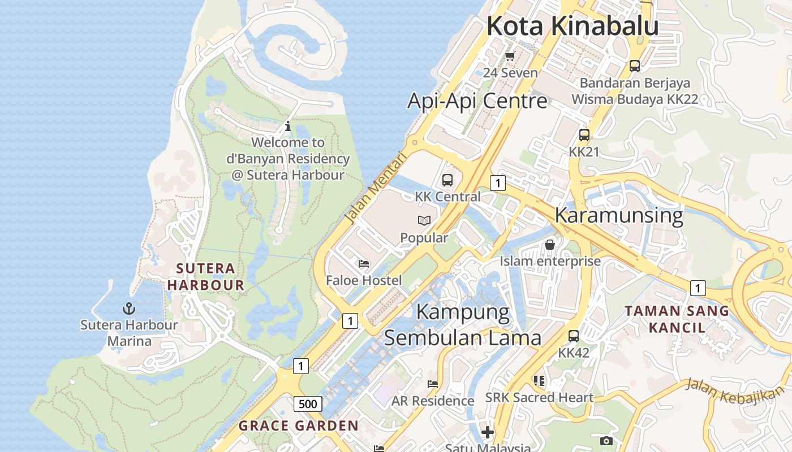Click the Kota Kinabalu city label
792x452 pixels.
(x=573, y=26)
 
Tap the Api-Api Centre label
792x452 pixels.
(x=477, y=101)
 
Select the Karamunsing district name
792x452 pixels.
(x=619, y=215)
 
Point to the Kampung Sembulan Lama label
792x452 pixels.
(x=463, y=325)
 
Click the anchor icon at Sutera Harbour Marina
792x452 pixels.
(x=129, y=308)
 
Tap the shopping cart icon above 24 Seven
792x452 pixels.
(x=510, y=56)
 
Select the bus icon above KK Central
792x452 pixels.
(x=447, y=180)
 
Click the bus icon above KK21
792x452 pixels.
(x=584, y=135)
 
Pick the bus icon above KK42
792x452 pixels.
(x=574, y=336)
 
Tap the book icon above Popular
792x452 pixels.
(x=424, y=221)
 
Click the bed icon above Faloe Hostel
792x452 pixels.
(x=364, y=264)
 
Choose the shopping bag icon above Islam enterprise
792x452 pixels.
(x=549, y=245)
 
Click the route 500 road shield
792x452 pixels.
(x=308, y=403)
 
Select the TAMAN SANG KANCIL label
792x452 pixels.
(x=677, y=319)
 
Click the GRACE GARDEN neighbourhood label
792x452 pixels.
(x=298, y=426)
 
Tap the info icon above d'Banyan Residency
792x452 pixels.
(x=288, y=126)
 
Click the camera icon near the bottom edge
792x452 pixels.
(x=606, y=441)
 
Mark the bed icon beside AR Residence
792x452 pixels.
(x=433, y=384)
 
